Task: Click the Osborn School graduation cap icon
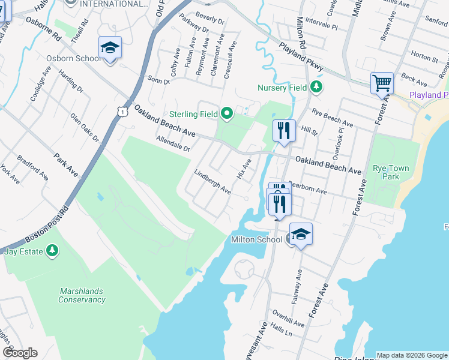point(110,47)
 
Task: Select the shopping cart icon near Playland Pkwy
point(382,83)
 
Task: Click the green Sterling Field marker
point(226,113)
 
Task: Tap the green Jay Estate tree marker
point(53,250)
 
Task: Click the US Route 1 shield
point(122,111)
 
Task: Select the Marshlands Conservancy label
point(82,295)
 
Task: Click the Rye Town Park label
point(391,172)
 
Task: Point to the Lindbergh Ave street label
point(212,182)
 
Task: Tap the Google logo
point(20,353)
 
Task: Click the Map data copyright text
point(412,355)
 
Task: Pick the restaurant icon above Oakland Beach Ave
point(283,131)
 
